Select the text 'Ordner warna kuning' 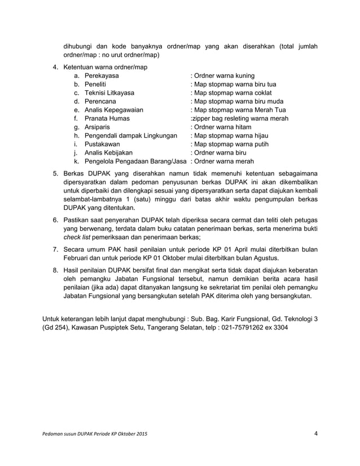[224, 76]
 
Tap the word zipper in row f [202, 118]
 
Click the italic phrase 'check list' [76, 238]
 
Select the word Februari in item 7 [76, 258]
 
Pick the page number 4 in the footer [316, 433]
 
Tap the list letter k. [76, 161]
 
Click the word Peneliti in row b [96, 84]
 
